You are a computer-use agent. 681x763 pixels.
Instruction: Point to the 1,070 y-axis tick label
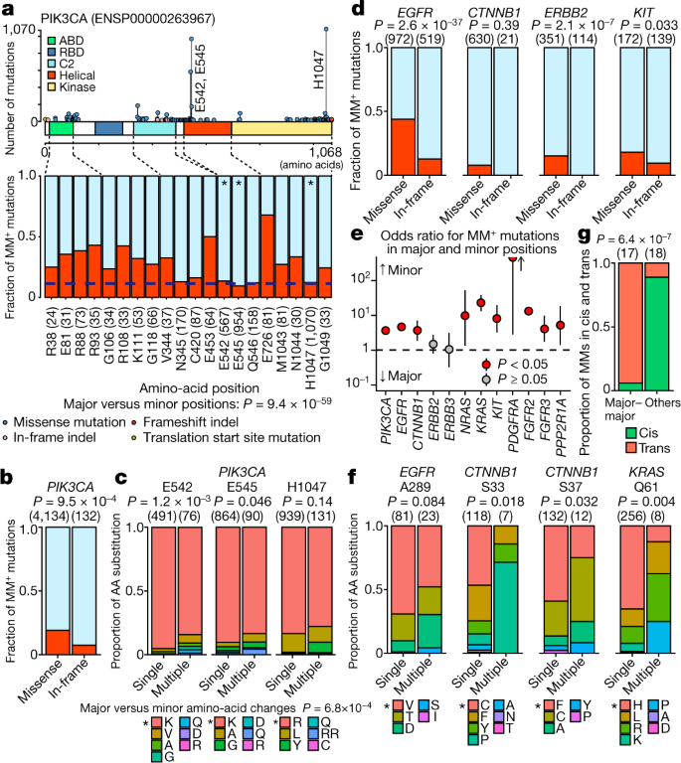tap(20, 30)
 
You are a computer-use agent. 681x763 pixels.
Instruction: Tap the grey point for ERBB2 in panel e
tap(432, 345)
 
